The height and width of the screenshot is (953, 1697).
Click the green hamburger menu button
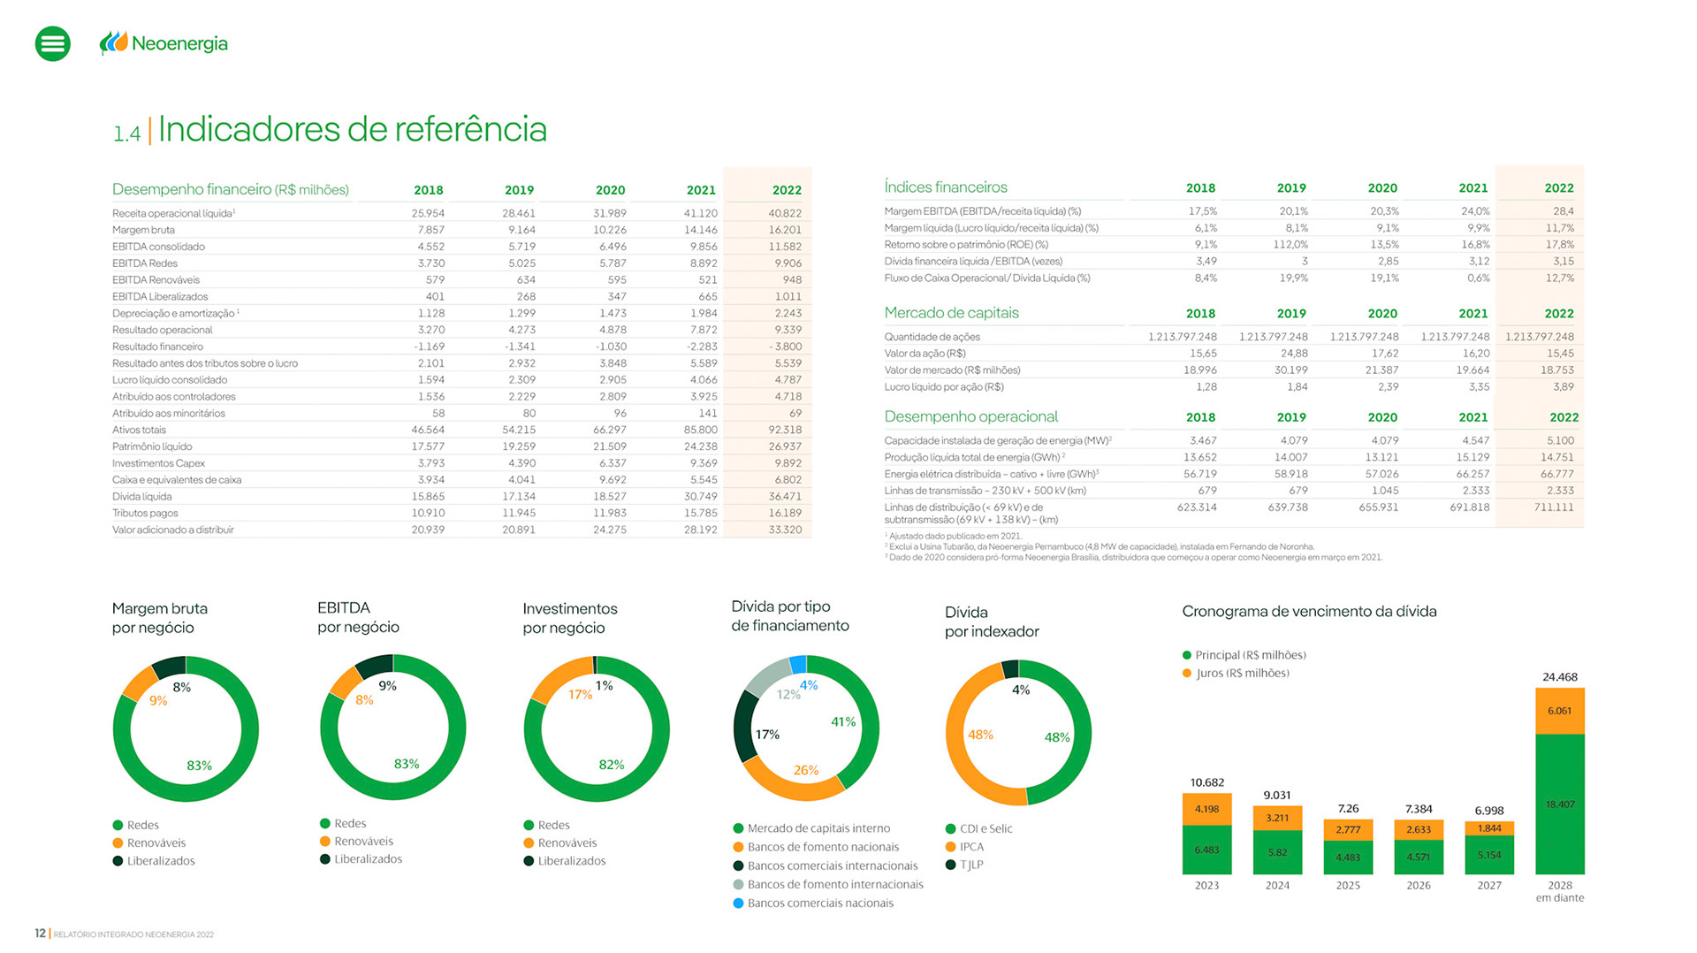point(52,43)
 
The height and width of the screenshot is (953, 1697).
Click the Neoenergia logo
point(164,42)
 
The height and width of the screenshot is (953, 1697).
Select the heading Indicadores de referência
point(352,129)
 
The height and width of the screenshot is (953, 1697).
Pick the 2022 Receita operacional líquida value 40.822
point(785,213)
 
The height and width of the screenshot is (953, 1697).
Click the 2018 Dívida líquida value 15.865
point(428,497)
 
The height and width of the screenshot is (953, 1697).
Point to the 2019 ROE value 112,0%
point(1290,245)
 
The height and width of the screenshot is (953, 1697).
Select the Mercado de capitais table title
point(951,313)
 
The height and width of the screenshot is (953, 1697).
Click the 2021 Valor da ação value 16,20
point(1475,354)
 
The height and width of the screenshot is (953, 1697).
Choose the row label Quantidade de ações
point(932,337)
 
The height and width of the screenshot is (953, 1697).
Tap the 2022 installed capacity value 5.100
point(1560,440)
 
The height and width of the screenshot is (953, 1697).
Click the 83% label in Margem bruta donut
point(199,766)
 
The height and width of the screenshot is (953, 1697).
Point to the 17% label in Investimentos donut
point(580,695)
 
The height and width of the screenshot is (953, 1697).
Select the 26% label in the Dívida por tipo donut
point(805,770)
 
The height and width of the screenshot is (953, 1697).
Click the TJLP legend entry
point(970,865)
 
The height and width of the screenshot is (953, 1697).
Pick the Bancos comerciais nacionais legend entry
point(819,903)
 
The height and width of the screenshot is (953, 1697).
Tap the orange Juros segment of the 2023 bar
point(1206,809)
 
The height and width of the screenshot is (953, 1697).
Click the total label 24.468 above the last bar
point(1559,677)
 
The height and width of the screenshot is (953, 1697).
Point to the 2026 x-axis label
point(1418,885)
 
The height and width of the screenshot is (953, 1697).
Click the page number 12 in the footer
point(40,933)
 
